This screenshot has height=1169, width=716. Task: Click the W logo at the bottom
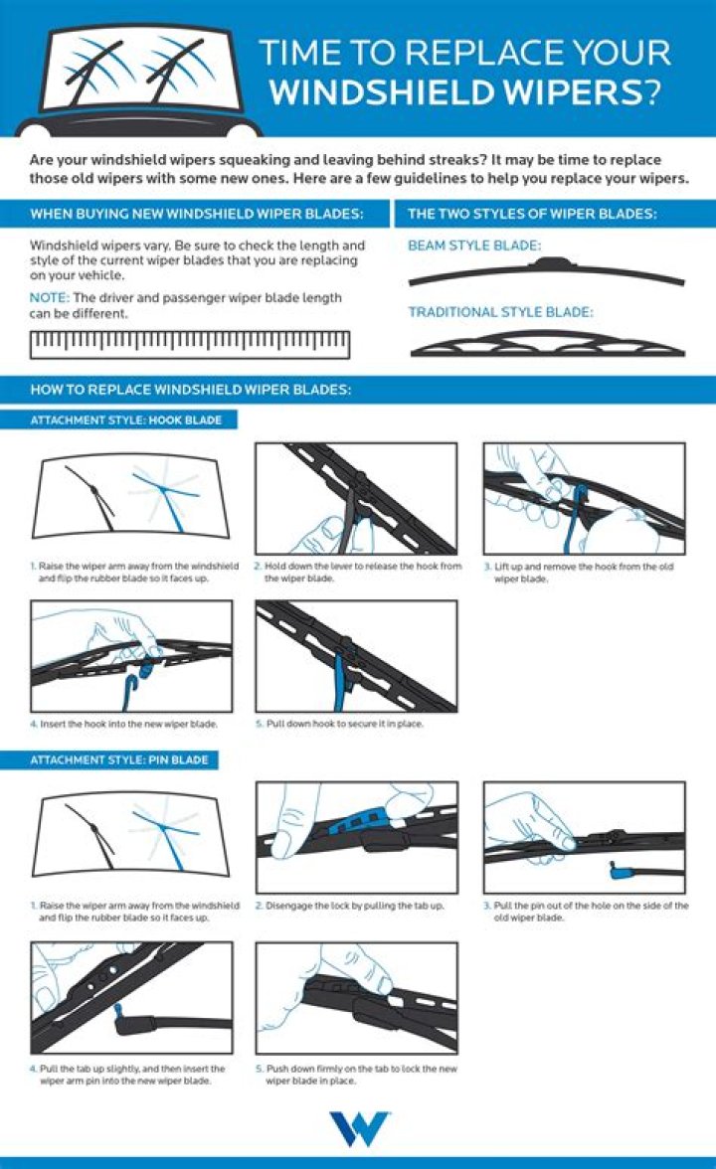point(358,1129)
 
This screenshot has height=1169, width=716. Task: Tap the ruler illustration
point(190,344)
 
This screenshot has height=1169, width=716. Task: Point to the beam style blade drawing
point(546,270)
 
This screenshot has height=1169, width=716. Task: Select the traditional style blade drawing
point(546,343)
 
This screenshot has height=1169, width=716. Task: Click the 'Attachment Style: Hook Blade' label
point(125,420)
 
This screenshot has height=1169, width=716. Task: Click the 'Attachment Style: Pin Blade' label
point(119,760)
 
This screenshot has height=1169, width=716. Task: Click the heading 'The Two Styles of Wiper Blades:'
point(532,214)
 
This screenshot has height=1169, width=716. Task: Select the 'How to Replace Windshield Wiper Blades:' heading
point(190,390)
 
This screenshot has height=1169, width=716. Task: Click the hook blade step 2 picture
point(356,498)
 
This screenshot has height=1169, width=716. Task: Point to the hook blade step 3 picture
point(584,498)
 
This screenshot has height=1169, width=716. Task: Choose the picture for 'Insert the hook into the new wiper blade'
point(131,655)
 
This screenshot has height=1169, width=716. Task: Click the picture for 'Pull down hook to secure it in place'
point(356,655)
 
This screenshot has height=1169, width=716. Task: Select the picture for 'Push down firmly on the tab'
point(356,998)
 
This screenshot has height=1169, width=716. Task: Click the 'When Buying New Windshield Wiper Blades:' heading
point(196,214)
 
